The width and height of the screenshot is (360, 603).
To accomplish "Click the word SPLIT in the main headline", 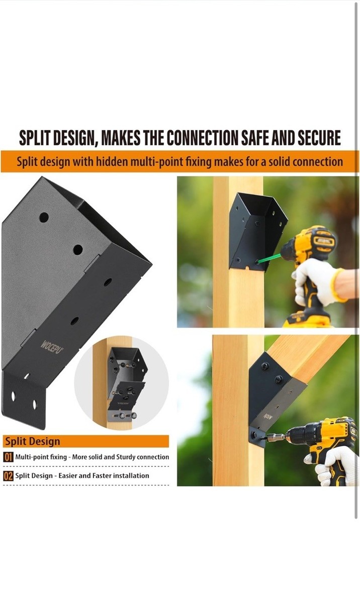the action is point(35,138).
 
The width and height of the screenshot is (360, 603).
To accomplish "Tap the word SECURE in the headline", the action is point(319,138).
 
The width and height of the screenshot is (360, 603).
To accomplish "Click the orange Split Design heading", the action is point(33,442).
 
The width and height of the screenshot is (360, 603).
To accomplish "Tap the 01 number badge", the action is point(8,457).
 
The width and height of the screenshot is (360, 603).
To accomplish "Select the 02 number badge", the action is point(8,476).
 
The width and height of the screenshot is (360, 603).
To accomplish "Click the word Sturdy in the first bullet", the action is point(126,457).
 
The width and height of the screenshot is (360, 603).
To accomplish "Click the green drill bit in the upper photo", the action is point(268,257).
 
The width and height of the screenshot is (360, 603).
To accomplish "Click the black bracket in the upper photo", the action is point(257,232).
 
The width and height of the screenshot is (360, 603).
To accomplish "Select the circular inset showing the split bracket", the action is point(121,382).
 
